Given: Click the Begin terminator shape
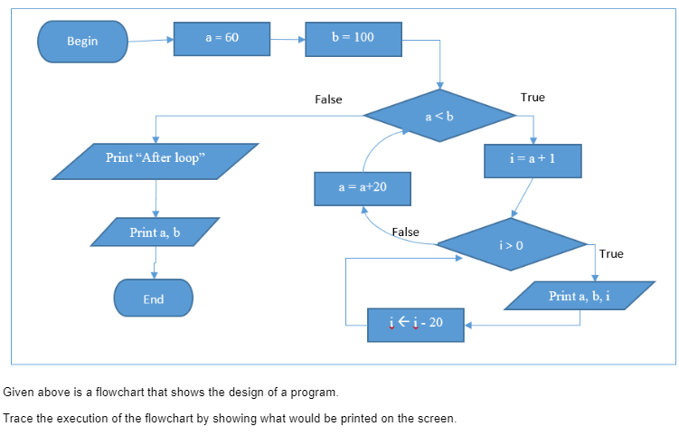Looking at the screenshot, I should [x=82, y=42].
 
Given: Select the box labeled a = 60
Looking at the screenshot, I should [x=222, y=38].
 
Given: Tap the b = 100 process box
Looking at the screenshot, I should [x=352, y=38].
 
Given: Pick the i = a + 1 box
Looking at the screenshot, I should [x=533, y=158].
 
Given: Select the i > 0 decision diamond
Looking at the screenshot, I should [x=511, y=244].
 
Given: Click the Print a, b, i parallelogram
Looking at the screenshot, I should [x=579, y=296].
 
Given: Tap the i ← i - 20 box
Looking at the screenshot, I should [x=416, y=323].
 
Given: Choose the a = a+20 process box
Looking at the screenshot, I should [x=363, y=188].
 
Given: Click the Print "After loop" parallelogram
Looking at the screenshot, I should [x=156, y=159].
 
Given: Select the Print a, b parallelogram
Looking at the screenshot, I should [x=155, y=232].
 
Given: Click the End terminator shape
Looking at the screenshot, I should [x=154, y=299].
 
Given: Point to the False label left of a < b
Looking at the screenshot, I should [x=328, y=100].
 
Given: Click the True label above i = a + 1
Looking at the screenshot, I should [x=533, y=98].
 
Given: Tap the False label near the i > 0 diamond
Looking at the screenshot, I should [x=405, y=232].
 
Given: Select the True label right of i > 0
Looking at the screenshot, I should [x=611, y=254].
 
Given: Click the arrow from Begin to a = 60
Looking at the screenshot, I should [x=150, y=41].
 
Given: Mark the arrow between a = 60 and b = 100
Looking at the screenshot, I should [x=288, y=40].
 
